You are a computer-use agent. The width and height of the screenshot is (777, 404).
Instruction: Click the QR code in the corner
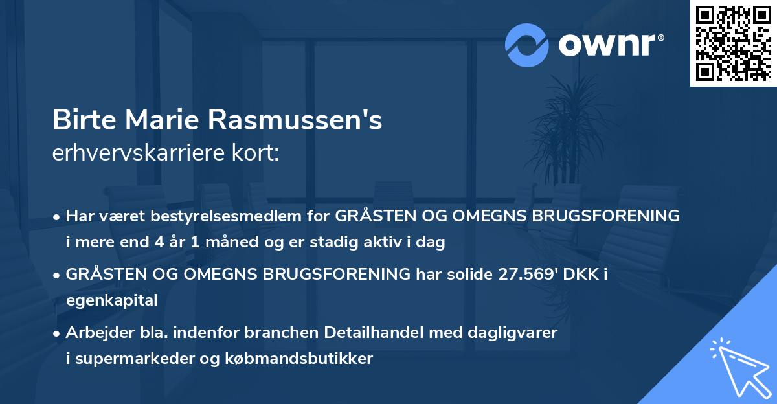click(734, 43)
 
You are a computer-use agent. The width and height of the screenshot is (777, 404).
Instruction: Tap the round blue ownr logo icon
click(527, 45)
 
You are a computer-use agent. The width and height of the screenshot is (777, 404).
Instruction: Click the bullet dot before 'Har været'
click(58, 216)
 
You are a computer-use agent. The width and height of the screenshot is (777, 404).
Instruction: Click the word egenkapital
click(111, 300)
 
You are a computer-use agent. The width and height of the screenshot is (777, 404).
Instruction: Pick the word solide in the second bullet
click(476, 274)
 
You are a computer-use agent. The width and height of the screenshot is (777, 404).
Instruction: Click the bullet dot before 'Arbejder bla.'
click(58, 333)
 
